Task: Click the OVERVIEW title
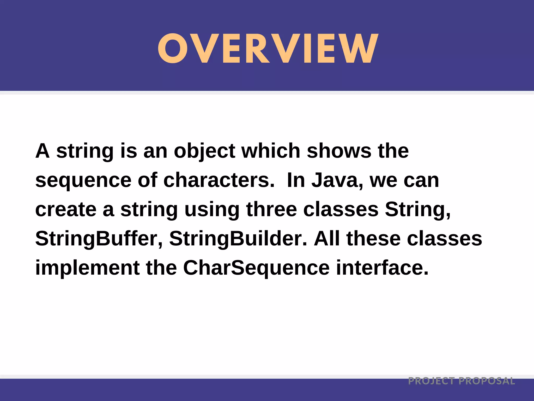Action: tap(268, 49)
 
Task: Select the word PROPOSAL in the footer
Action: tap(487, 381)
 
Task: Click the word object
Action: tap(204, 151)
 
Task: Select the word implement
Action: tap(87, 268)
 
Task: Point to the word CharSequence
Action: tap(256, 268)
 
